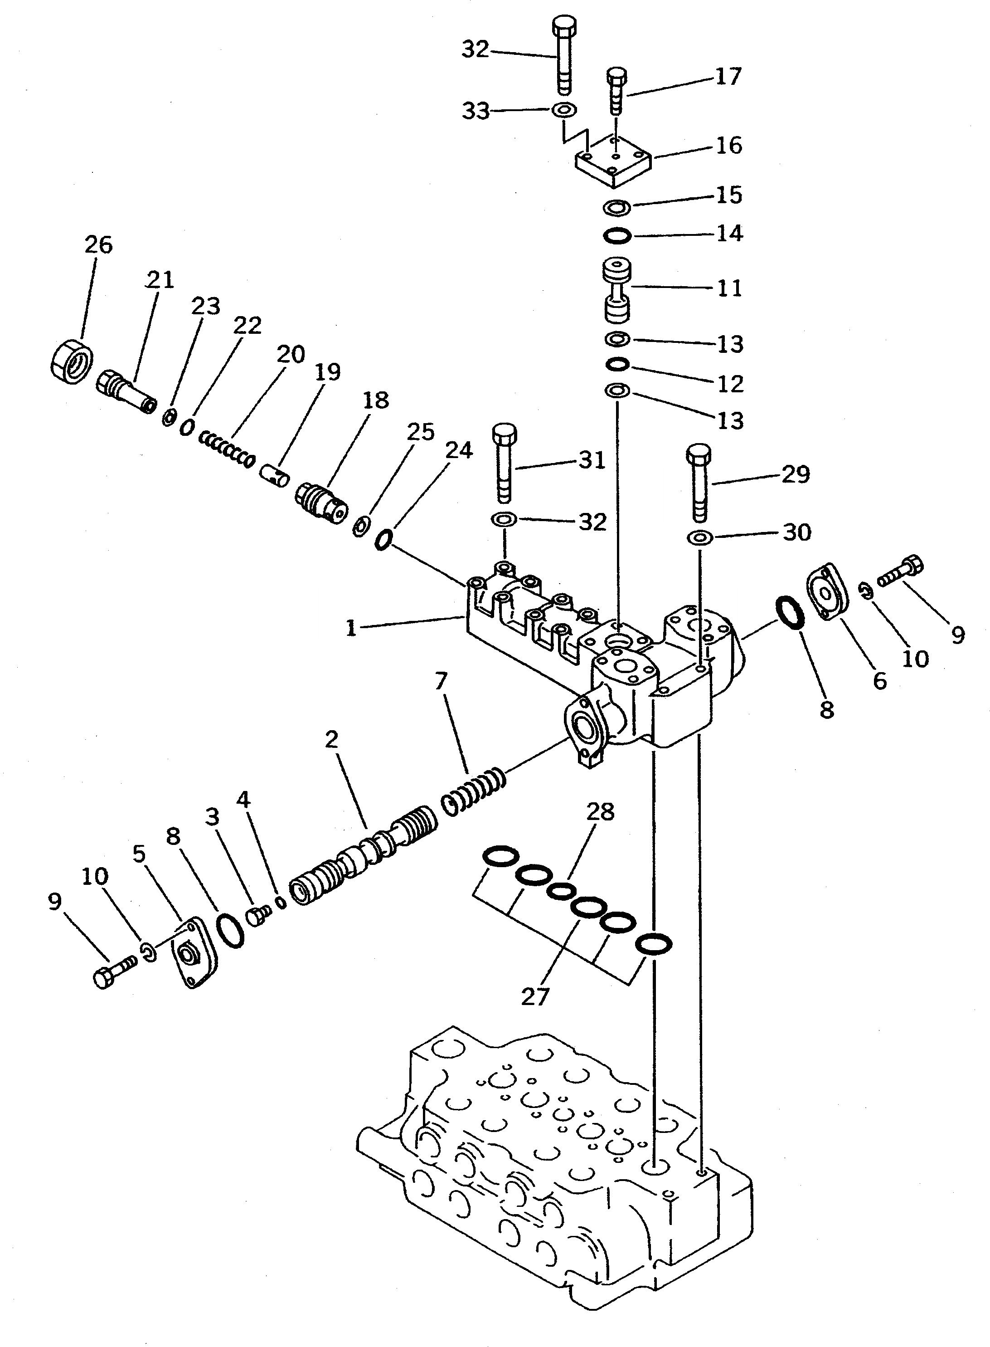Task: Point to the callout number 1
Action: [351, 628]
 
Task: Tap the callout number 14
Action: [730, 233]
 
